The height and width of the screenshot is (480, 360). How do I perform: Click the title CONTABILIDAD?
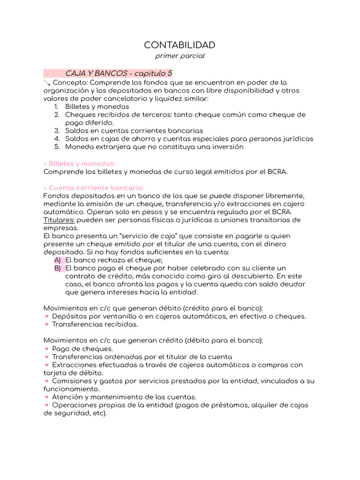pos(180,45)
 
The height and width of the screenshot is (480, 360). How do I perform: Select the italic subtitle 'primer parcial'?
pos(180,56)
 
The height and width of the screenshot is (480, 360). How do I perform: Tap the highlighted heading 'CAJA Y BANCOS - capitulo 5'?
pos(119,74)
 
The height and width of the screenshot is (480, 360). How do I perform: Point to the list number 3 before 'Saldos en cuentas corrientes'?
pos(57,131)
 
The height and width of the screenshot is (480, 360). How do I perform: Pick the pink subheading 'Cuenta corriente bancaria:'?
pos(93,187)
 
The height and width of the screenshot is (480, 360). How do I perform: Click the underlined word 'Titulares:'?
pos(59,220)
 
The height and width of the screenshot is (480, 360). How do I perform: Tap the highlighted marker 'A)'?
pos(58,260)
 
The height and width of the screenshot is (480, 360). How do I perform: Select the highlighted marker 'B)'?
pos(58,268)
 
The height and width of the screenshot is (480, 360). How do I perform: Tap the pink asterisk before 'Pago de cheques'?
pos(46,349)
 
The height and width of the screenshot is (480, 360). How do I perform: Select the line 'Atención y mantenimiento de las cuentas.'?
pos(124,397)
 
